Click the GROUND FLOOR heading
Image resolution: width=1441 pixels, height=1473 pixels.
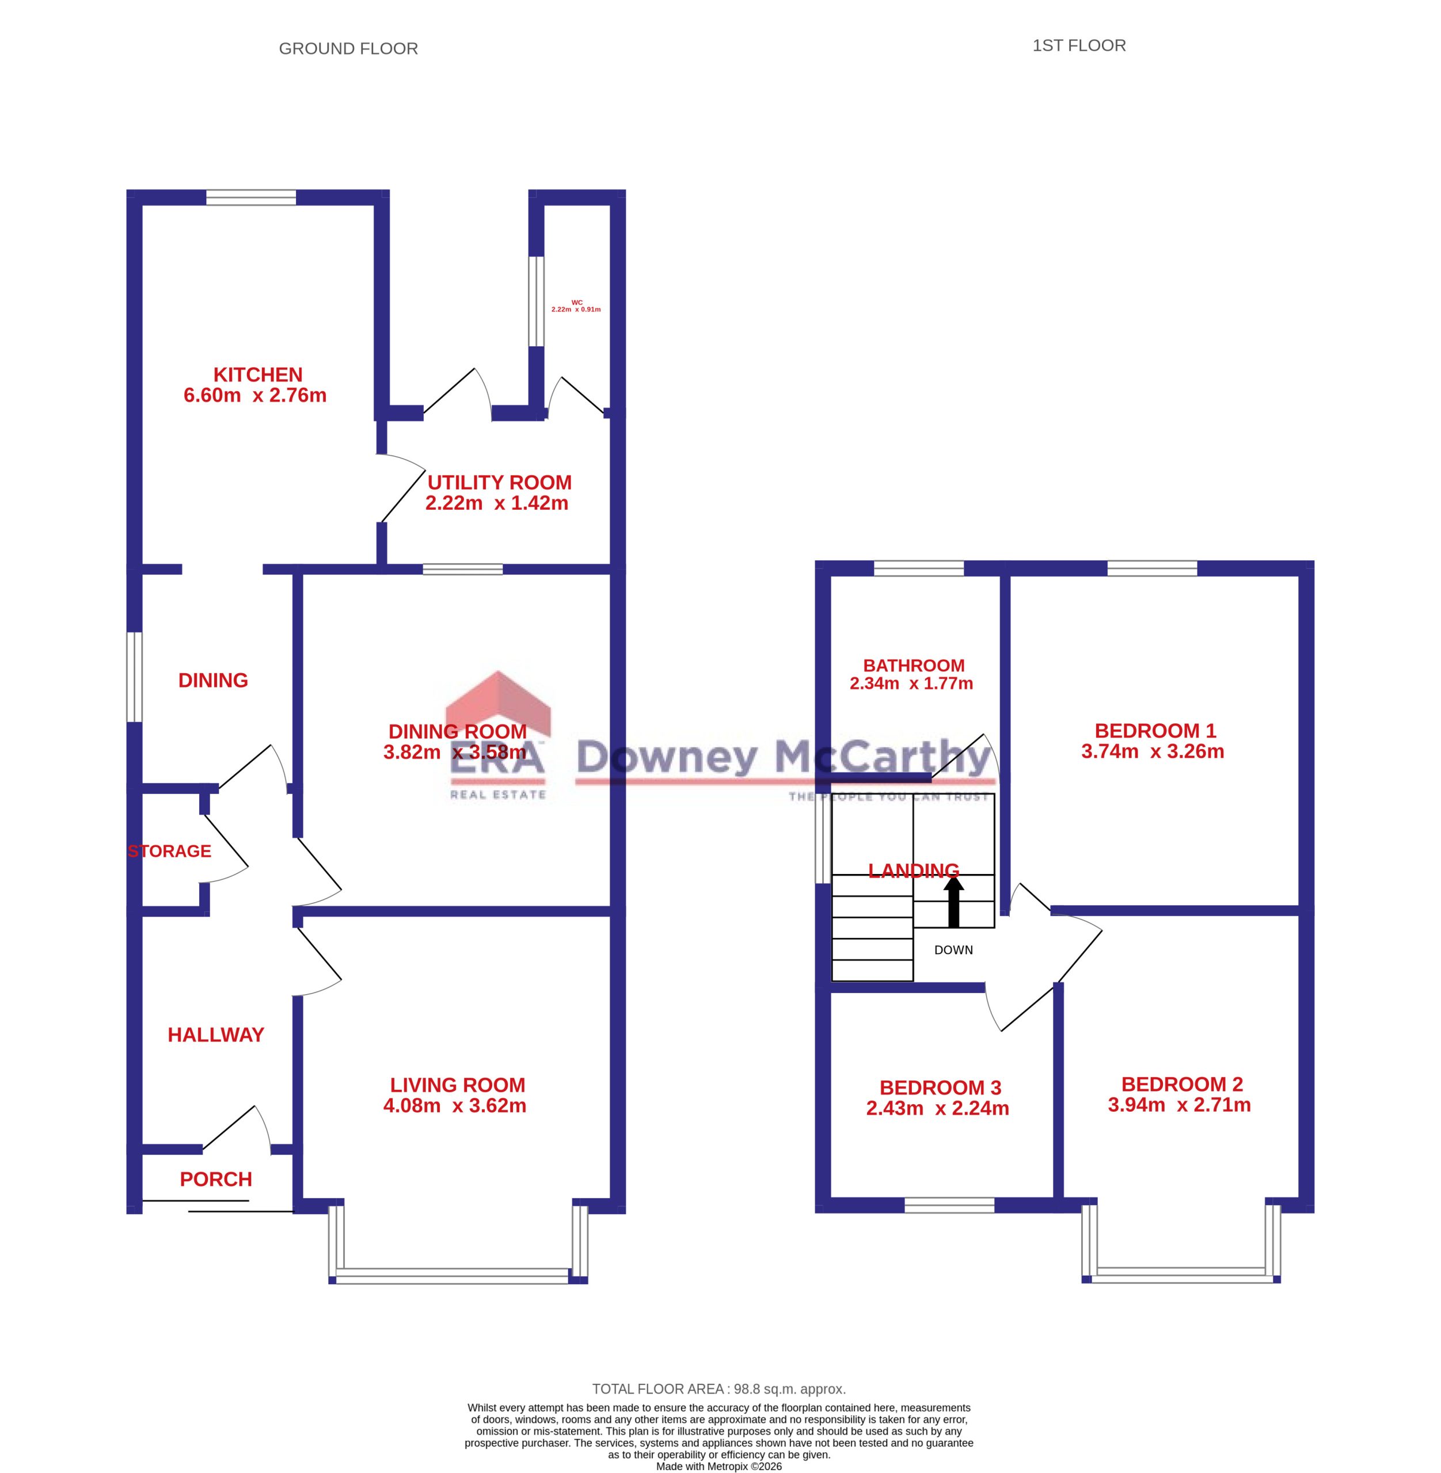coord(348,48)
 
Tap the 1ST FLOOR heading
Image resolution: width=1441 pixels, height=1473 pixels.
coord(1079,45)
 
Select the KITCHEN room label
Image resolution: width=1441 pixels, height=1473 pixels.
coord(258,375)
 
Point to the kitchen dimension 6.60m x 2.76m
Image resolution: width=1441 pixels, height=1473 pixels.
coord(255,395)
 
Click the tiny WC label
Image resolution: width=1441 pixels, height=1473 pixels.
coord(577,303)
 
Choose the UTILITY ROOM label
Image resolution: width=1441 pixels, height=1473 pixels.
coord(500,483)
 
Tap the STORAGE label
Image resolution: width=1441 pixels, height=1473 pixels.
coord(169,851)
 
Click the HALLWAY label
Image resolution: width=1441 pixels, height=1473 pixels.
coord(216,1035)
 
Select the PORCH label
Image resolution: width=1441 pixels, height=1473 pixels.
coord(216,1179)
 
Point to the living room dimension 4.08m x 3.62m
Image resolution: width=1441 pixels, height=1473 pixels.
coord(455,1105)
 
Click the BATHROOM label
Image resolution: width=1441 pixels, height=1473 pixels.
coord(914,666)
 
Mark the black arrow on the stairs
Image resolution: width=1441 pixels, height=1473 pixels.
coord(953,901)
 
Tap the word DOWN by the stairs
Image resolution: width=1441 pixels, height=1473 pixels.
coord(953,950)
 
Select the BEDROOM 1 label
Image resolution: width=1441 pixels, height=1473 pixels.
coord(1155,731)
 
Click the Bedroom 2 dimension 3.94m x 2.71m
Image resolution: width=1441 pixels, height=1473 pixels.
coord(1179,1105)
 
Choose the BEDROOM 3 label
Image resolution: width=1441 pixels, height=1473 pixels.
coord(940,1088)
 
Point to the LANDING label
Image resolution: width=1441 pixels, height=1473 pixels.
coord(914,871)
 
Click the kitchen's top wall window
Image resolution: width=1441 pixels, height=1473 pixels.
coord(251,197)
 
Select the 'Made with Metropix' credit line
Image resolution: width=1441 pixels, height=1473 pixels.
coord(719,1466)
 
